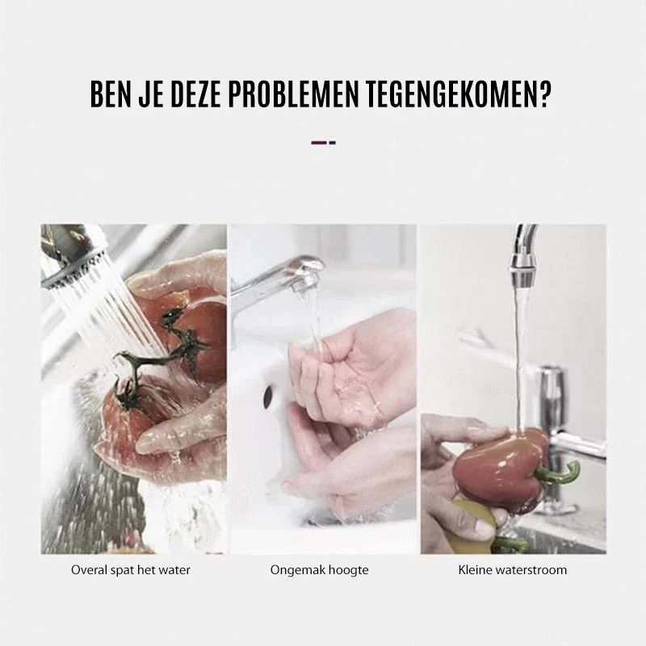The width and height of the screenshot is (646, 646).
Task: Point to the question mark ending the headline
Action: coord(543,94)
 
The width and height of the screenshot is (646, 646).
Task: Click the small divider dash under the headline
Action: coord(324,143)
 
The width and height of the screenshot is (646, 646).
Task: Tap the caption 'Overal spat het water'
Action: coord(131,570)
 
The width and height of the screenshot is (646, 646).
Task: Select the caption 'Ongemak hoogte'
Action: coord(319,570)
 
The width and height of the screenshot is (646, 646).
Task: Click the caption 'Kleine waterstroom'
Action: coord(513,570)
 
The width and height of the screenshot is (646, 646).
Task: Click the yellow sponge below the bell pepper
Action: coord(473,520)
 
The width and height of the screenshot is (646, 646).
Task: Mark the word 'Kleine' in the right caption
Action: coord(475,570)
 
